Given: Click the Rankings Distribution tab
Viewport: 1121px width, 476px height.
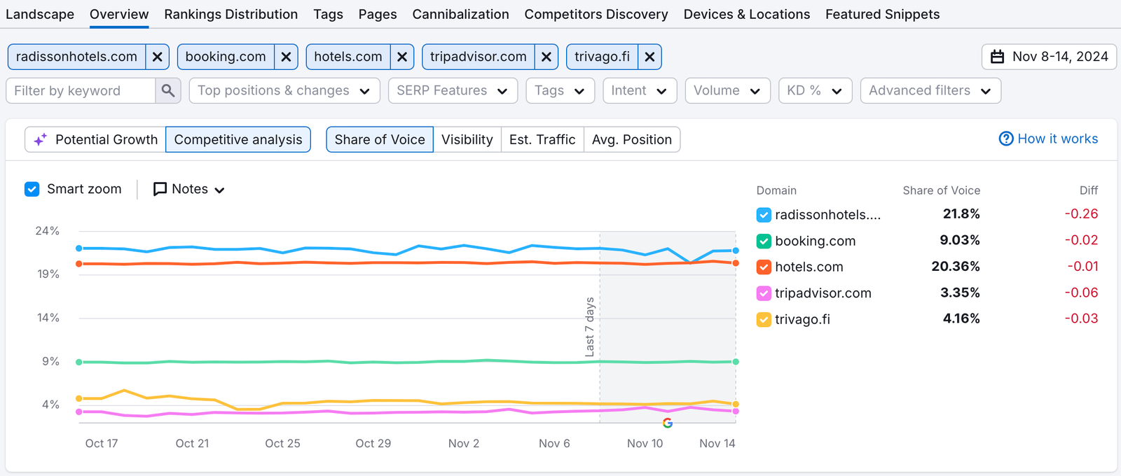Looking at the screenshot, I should (231, 14).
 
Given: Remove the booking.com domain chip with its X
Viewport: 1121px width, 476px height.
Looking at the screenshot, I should (286, 57).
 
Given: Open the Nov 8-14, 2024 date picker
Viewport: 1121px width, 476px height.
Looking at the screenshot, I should (1049, 57).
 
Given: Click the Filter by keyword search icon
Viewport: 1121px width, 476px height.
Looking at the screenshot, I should (168, 90).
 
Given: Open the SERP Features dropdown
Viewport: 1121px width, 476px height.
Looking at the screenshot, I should (453, 90).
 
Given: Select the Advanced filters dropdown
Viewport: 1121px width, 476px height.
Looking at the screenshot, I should (930, 90).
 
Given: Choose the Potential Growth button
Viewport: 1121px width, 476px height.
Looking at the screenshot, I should (96, 139).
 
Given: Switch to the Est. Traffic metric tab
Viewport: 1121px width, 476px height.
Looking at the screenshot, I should (542, 139).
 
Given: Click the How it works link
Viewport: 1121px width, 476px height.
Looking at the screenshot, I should (1049, 139).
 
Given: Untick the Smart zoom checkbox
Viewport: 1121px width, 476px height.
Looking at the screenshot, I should (32, 189).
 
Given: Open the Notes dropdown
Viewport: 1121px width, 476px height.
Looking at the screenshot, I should (189, 189).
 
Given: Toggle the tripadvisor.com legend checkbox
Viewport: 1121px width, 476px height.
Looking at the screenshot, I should (764, 293).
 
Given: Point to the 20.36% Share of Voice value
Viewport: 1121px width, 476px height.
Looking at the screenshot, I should (955, 266).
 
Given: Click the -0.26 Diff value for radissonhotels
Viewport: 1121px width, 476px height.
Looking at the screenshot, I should (1081, 213).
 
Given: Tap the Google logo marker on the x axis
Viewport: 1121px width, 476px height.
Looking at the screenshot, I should (667, 423).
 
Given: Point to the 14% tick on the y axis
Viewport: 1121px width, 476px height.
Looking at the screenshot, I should (48, 318).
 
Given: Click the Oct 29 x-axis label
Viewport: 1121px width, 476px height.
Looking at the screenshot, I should (373, 443).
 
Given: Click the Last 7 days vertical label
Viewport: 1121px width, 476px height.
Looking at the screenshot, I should (590, 327).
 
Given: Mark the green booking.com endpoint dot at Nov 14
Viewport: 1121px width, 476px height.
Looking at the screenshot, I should (736, 362).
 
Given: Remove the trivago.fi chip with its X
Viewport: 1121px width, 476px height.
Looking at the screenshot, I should (649, 57).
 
